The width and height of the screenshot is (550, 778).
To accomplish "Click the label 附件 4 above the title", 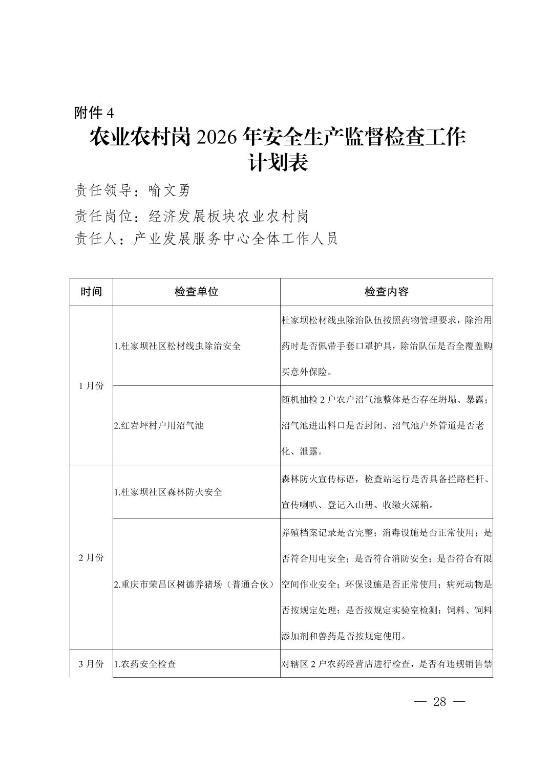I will (x=94, y=113).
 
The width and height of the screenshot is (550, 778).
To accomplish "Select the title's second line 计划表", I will (x=277, y=163).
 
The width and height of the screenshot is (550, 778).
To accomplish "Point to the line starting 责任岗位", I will (x=192, y=216).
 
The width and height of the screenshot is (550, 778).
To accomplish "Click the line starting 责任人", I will (x=206, y=239).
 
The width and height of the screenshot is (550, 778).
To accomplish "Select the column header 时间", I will (x=91, y=292).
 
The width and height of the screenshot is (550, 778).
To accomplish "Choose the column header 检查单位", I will (x=196, y=292).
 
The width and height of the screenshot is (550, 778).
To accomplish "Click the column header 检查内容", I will (x=386, y=292).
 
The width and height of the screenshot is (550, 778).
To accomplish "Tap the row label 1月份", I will (x=91, y=386).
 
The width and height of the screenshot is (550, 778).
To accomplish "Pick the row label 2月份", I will (x=91, y=557).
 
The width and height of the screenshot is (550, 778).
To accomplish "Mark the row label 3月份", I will (x=91, y=664).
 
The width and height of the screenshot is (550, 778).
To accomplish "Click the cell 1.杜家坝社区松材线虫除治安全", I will (x=178, y=346).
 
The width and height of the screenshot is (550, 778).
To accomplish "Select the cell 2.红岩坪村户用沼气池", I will (x=159, y=425).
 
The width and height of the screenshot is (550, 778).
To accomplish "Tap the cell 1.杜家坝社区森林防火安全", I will (x=168, y=492).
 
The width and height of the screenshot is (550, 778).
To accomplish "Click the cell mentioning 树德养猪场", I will (x=195, y=584).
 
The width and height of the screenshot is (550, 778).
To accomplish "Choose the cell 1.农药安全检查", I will (x=145, y=664).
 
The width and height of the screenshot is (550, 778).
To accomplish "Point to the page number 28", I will (x=439, y=702).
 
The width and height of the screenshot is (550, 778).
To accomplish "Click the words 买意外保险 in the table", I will (x=305, y=372).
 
